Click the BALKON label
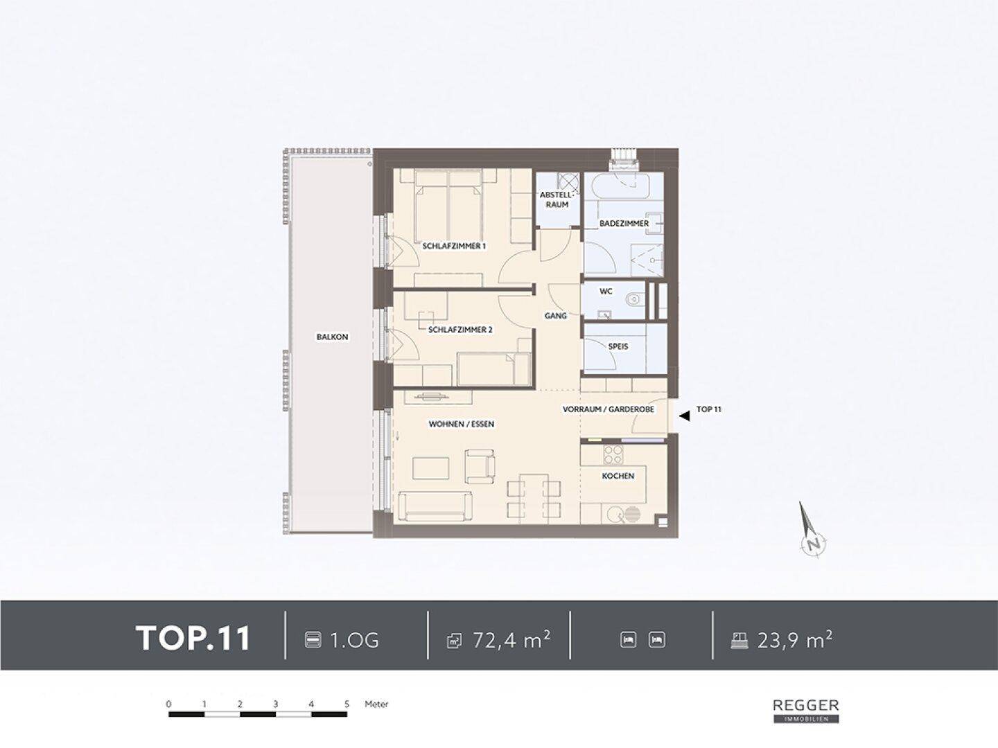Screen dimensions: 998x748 click(332, 337)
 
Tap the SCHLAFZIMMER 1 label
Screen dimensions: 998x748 click(454, 246)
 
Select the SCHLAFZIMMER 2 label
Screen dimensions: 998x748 click(460, 330)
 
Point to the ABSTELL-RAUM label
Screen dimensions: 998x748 click(557, 199)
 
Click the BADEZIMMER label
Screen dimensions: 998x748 click(624, 224)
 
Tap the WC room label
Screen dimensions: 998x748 click(606, 292)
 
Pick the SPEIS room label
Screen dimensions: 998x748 click(618, 346)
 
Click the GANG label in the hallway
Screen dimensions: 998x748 click(556, 316)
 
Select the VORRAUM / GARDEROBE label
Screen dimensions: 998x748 click(609, 409)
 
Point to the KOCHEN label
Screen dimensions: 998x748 click(618, 476)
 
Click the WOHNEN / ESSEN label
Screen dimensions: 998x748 click(461, 424)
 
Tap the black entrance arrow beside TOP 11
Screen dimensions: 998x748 click(684, 415)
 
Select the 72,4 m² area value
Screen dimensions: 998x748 click(511, 640)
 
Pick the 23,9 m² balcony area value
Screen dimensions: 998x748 click(795, 640)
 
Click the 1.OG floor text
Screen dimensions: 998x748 click(354, 641)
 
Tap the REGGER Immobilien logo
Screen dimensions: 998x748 click(806, 711)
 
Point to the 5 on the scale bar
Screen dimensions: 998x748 click(347, 704)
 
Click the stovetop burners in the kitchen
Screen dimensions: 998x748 click(612, 454)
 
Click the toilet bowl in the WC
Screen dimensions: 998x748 click(633, 300)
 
